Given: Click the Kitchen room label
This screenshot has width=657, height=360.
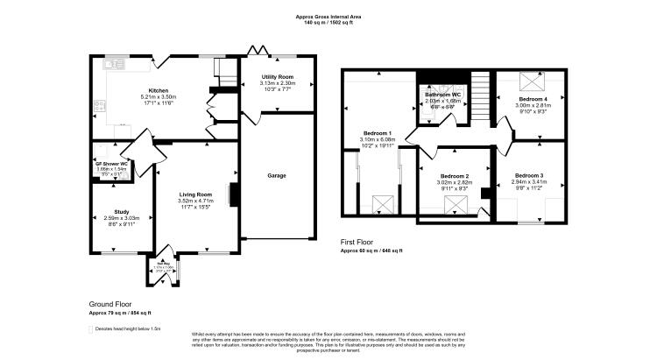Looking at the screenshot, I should (158, 90).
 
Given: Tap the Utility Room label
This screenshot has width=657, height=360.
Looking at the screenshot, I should (278, 77).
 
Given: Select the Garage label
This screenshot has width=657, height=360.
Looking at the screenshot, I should (277, 175).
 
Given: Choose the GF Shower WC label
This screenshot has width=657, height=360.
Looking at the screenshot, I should (112, 164).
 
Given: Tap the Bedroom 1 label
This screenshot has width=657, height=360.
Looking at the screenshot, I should (377, 134).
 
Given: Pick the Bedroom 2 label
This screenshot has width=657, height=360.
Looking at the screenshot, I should (455, 176).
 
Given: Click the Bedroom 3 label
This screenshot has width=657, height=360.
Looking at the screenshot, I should (529, 176).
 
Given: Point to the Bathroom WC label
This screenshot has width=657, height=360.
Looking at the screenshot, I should (443, 95).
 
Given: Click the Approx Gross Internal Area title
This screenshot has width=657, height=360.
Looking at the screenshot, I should (328, 17).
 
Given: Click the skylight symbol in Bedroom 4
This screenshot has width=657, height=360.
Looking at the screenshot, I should (531, 81).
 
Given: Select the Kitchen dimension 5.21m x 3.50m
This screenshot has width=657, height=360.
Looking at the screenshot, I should (158, 97).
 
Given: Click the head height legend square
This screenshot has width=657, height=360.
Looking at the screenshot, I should (91, 329).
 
